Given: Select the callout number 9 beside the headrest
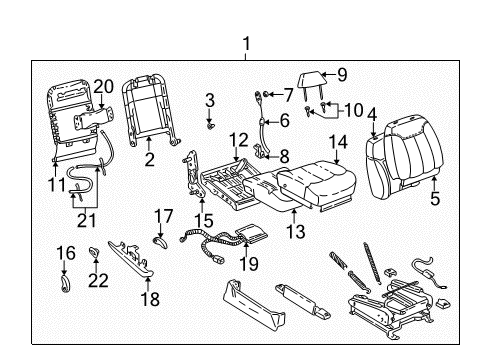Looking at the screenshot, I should pos(341,73).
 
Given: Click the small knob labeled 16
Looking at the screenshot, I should pos(65,283).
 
